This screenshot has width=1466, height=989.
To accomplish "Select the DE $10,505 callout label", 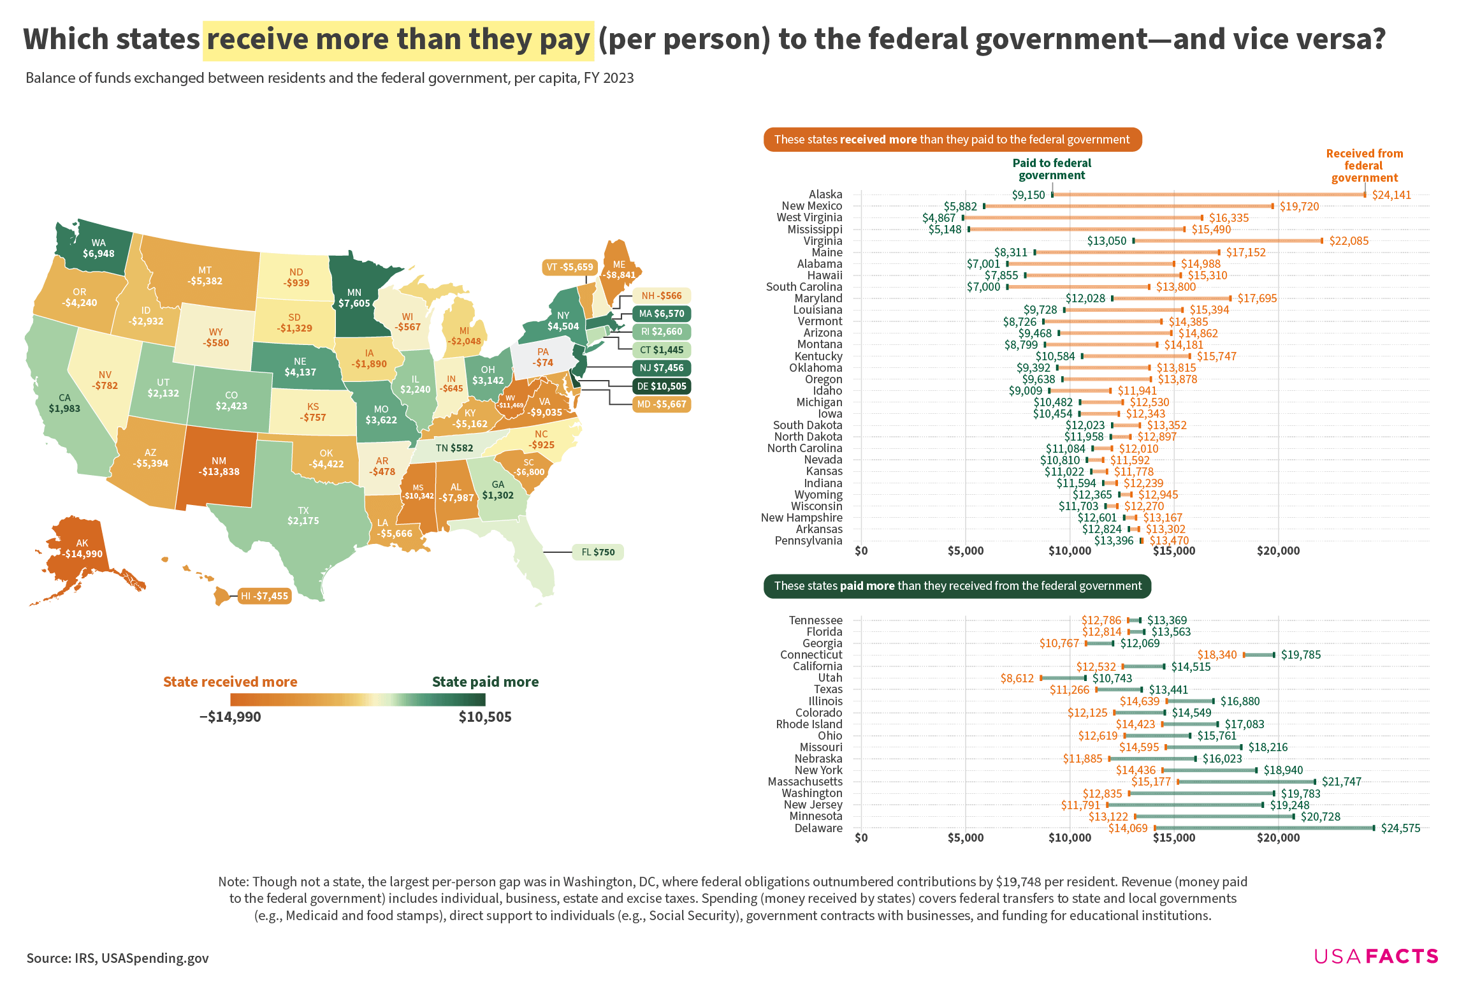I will click(x=662, y=386).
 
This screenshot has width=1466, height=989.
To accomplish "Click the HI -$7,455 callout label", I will click(x=265, y=596).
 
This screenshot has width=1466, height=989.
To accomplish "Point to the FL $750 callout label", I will click(x=598, y=552).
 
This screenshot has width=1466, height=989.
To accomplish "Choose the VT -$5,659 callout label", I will click(x=569, y=267).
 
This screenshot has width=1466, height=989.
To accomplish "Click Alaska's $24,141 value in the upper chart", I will click(x=1391, y=195).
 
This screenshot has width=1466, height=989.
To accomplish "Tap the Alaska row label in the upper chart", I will click(x=825, y=194).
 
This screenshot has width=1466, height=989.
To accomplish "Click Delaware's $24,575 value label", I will click(x=1400, y=828).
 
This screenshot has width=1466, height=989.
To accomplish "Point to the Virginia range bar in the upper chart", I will click(x=1228, y=241).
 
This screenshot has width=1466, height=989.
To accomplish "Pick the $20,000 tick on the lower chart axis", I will click(x=1278, y=838).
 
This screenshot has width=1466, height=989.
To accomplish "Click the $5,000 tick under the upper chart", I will click(x=965, y=551).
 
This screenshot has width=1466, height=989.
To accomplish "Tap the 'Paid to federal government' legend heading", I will click(x=1052, y=169).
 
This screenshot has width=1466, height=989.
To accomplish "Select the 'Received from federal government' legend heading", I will click(x=1364, y=166).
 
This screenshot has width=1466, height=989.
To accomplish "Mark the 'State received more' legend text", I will click(x=230, y=682).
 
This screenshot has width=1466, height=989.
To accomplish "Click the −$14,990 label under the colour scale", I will click(x=230, y=717).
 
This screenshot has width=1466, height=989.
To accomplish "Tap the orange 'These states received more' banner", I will click(x=952, y=140).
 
